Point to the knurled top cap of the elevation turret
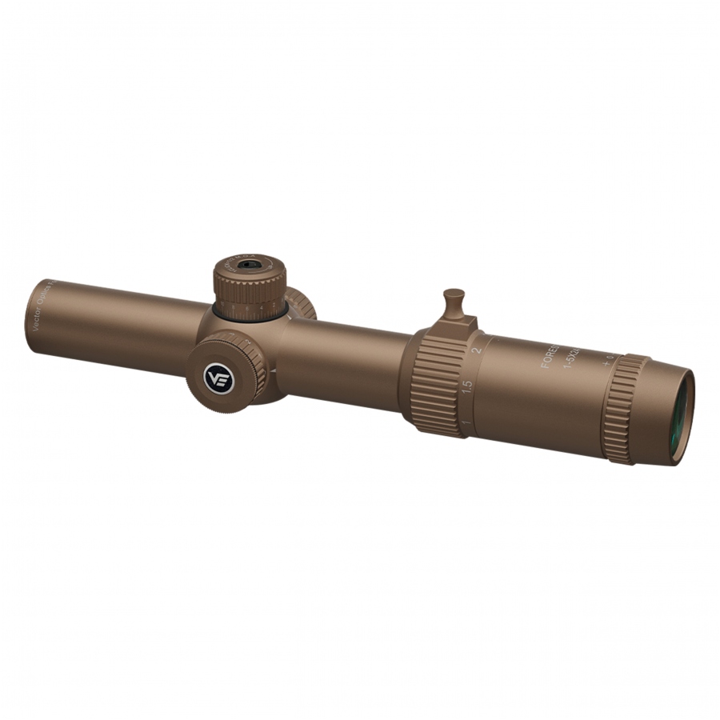click(250, 276)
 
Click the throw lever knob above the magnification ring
click(454, 297)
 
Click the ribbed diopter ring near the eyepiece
click(623, 409)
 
